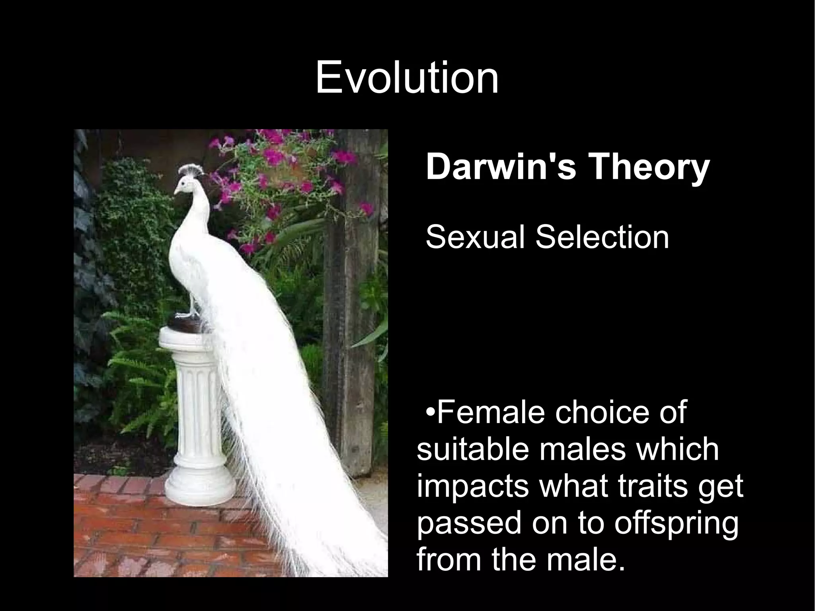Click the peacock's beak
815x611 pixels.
point(175,192)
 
